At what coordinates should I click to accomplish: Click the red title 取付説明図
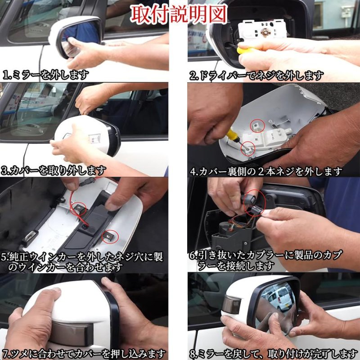click(179, 14)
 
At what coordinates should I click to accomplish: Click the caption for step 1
click(45, 74)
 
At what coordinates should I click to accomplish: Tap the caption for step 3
click(54, 171)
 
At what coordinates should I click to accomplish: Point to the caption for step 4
click(266, 171)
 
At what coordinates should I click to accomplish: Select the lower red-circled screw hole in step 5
click(109, 234)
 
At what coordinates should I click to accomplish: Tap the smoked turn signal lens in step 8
click(231, 306)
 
